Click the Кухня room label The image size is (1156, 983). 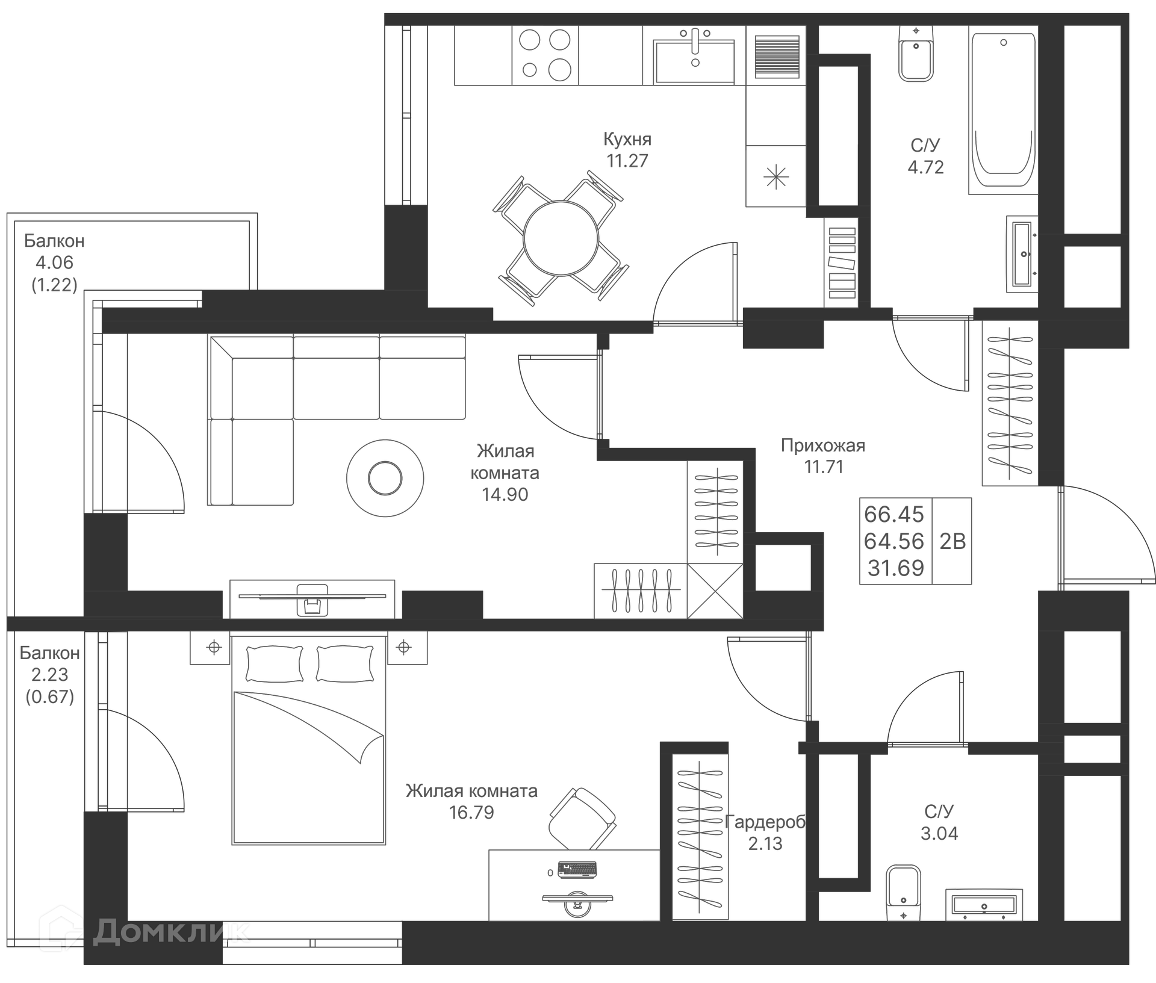click(x=627, y=139)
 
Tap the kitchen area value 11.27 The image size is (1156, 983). click(x=627, y=161)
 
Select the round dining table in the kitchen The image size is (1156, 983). click(x=561, y=238)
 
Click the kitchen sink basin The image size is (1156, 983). click(x=694, y=61)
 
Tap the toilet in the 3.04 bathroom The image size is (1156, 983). click(x=903, y=892)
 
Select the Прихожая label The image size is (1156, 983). click(x=822, y=445)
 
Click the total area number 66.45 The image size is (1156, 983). click(x=893, y=514)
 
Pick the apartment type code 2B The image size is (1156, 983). click(x=952, y=541)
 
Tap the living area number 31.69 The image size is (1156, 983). click(x=895, y=568)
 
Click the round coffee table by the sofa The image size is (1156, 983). click(x=385, y=478)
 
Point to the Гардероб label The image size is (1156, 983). click(x=765, y=822)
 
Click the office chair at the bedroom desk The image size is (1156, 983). click(x=582, y=818)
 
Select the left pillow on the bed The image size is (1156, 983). click(x=275, y=663)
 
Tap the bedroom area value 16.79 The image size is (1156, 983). click(x=471, y=813)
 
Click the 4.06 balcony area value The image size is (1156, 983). click(x=54, y=262)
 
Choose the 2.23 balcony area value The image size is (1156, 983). click(x=49, y=675)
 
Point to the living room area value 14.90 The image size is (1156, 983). click(x=505, y=494)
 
